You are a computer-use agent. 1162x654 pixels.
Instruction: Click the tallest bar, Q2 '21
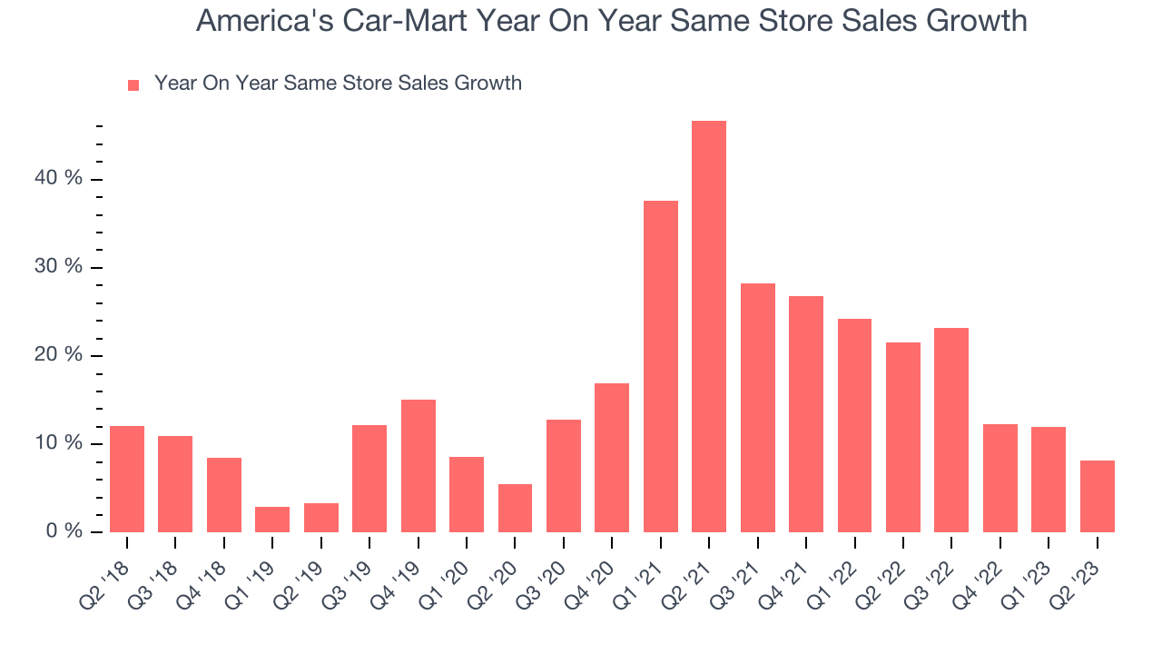[x=709, y=326]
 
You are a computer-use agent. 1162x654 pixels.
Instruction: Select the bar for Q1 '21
[x=660, y=366]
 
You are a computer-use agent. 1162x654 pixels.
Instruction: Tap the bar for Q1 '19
[x=272, y=519]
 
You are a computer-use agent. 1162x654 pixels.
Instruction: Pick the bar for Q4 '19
[x=418, y=465]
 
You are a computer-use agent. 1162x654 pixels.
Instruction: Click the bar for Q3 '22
[x=951, y=430]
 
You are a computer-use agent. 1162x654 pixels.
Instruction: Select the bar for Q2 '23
[x=1097, y=496]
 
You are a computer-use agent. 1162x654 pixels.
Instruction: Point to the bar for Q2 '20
[x=515, y=508]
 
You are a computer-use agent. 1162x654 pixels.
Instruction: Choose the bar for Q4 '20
[x=612, y=457]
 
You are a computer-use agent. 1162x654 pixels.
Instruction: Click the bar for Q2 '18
[x=127, y=479]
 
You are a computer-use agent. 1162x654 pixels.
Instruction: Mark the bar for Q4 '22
[x=1000, y=478]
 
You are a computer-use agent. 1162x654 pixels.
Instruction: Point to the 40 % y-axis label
[x=59, y=179]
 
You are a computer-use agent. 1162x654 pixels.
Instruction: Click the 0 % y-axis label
[x=64, y=531]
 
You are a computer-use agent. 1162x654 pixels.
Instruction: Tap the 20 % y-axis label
[x=59, y=355]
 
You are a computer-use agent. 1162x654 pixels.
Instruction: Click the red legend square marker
[x=133, y=84]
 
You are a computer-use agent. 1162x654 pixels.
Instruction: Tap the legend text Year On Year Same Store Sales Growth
[x=338, y=84]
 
